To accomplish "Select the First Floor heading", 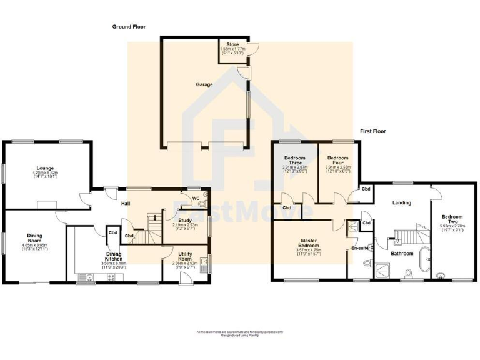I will [x=373, y=131].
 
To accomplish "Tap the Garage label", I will [x=204, y=84].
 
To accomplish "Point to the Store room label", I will [x=232, y=44].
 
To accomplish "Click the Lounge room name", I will [x=44, y=167].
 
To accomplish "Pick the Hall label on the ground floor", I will [x=126, y=203].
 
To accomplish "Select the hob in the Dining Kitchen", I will [x=111, y=278].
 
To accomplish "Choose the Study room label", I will [x=184, y=219].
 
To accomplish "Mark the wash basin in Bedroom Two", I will [x=441, y=276].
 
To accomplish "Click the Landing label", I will [x=401, y=202].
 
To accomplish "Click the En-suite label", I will [x=360, y=248].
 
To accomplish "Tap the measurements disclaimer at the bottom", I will [x=240, y=332].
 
